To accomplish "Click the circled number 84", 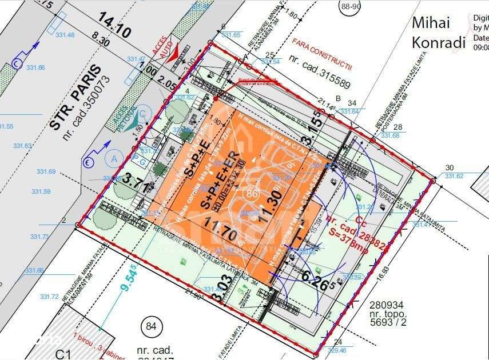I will click(x=150, y=326).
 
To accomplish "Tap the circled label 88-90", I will click(x=351, y=7).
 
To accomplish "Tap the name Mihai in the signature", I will click(x=431, y=23).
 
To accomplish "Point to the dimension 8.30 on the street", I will click(x=100, y=41).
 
